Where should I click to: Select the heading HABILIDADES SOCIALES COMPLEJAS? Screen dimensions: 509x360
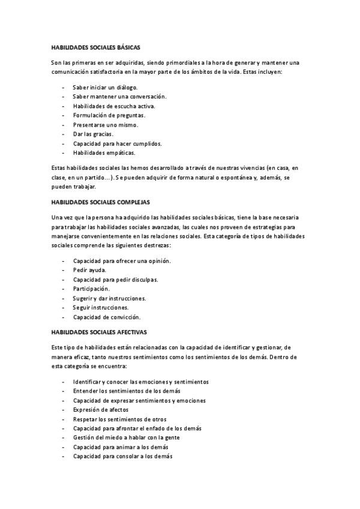coord(100,202)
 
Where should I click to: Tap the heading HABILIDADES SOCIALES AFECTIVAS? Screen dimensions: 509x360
coord(99,331)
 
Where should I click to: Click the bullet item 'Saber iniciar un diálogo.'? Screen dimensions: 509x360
coord(105,87)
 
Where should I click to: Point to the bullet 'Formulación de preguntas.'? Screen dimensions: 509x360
coord(109,115)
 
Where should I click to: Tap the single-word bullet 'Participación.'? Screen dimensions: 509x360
coord(91,289)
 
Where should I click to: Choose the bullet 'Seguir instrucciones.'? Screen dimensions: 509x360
coord(100,307)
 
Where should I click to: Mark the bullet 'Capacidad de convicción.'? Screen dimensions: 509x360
coord(106,317)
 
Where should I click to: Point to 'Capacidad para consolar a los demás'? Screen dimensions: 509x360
coord(122,456)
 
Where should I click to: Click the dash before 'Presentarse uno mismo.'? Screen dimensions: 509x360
coord(63,125)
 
